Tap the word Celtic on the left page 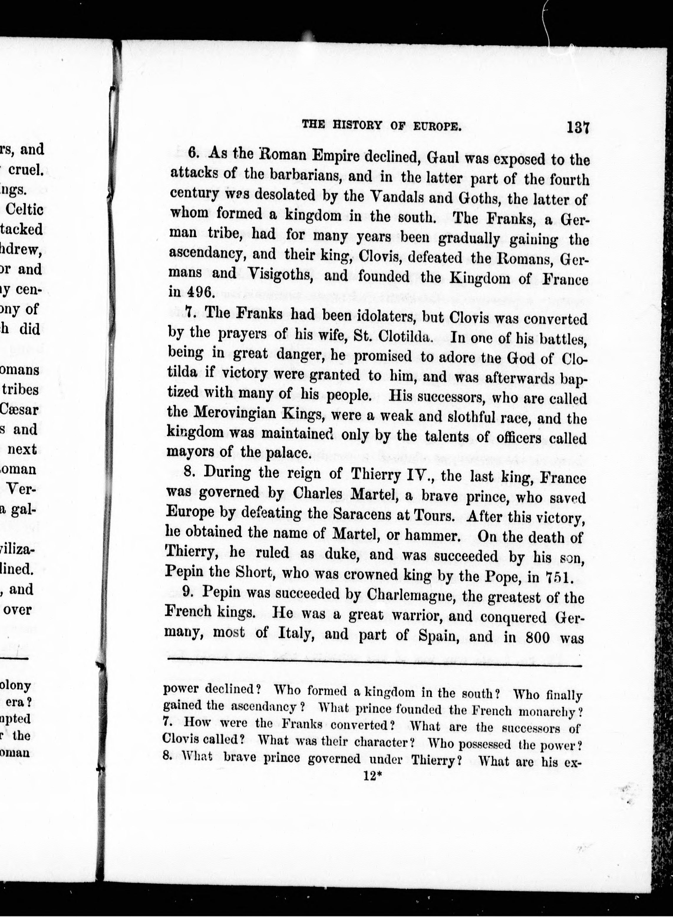(x=25, y=210)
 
